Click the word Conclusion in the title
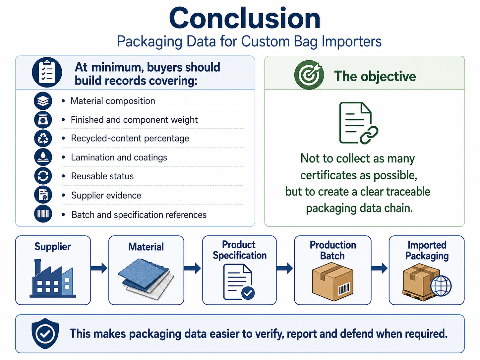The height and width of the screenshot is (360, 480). click(x=245, y=18)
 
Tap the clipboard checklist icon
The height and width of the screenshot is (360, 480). click(x=47, y=72)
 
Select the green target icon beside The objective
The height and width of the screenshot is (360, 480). click(x=309, y=75)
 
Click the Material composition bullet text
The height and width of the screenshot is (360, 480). click(x=113, y=101)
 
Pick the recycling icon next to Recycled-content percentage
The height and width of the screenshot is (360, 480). click(x=43, y=138)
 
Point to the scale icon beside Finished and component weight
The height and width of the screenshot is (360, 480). click(x=43, y=120)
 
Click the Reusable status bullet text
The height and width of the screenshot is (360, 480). click(x=102, y=176)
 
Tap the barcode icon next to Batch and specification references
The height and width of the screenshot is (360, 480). click(x=43, y=214)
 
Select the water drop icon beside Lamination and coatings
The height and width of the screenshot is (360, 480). click(x=43, y=157)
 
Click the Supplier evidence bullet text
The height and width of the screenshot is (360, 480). click(x=106, y=195)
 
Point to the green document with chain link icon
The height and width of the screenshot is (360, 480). click(x=359, y=123)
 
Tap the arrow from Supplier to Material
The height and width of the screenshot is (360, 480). click(x=99, y=268)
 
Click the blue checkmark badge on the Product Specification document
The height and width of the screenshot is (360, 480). click(x=248, y=293)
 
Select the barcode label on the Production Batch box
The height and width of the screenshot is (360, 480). click(x=344, y=289)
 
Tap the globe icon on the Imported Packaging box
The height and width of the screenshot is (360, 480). click(x=441, y=286)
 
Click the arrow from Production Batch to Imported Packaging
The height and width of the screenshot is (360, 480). click(x=380, y=268)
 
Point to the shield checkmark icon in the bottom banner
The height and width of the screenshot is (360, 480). click(x=45, y=333)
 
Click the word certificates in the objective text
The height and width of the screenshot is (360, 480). click(x=330, y=175)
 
